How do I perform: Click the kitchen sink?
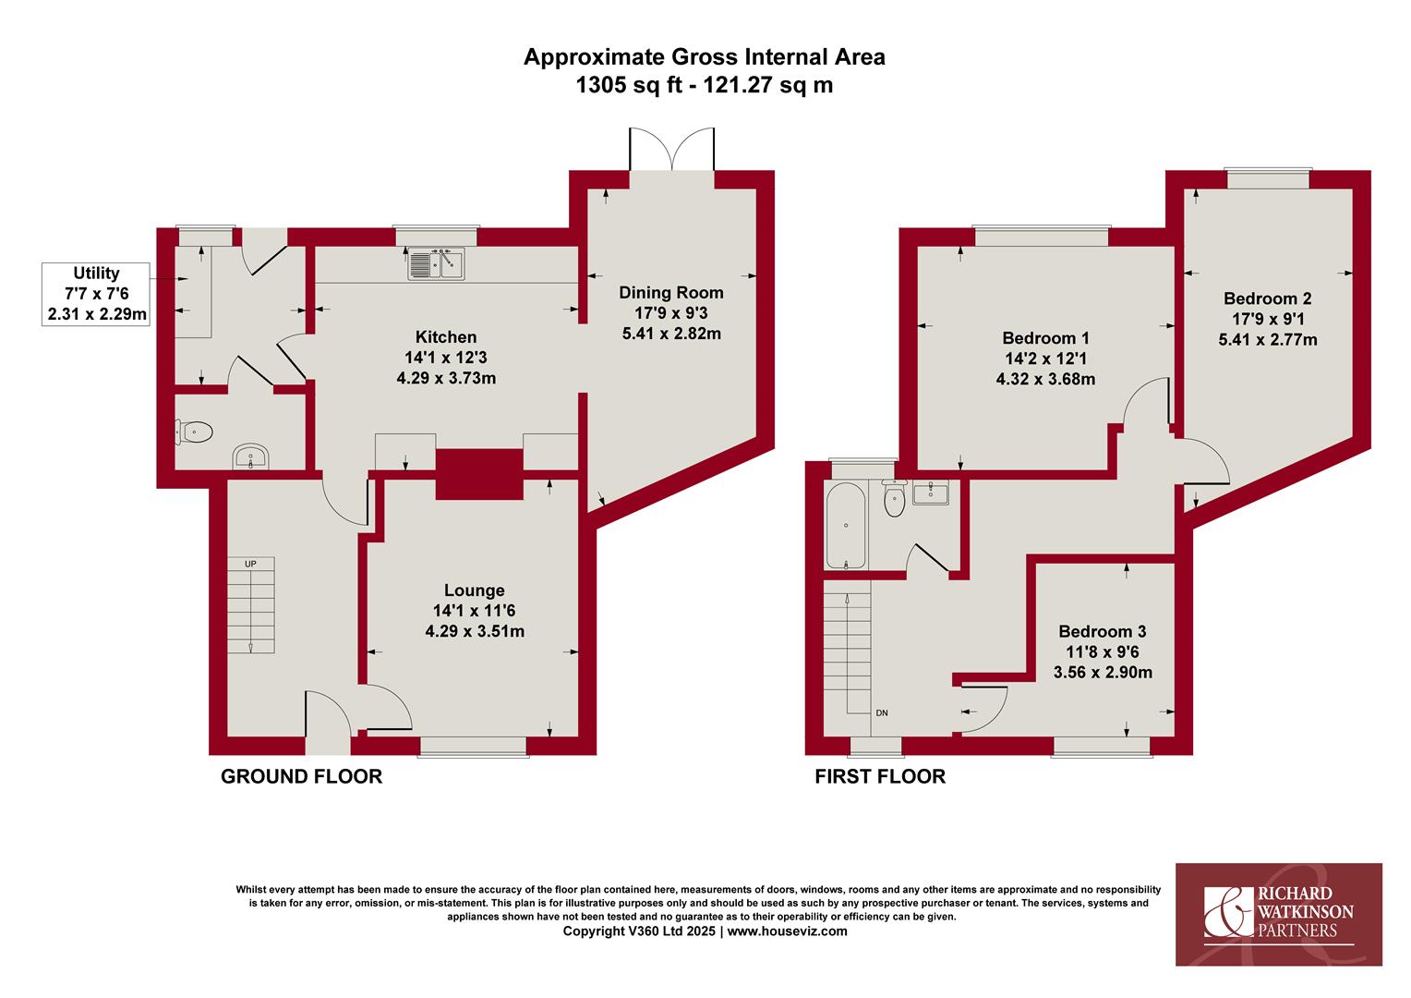pyautogui.click(x=436, y=263)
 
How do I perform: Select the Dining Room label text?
pyautogui.click(x=670, y=293)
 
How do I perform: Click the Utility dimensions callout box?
pyautogui.click(x=96, y=294)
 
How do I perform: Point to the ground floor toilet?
pyautogui.click(x=195, y=432)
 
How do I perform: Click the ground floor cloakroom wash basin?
pyautogui.click(x=251, y=456)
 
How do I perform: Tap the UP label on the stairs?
pyautogui.click(x=250, y=564)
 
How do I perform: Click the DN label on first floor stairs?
pyautogui.click(x=882, y=713)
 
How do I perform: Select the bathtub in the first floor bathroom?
pyautogui.click(x=845, y=526)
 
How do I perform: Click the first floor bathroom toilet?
pyautogui.click(x=895, y=499)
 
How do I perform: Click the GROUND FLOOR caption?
pyautogui.click(x=302, y=776)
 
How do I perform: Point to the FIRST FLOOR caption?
pyautogui.click(x=880, y=776)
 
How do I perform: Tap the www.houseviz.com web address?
pyautogui.click(x=788, y=931)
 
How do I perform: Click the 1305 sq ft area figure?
pyautogui.click(x=629, y=84)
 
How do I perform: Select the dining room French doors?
pyautogui.click(x=671, y=150)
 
